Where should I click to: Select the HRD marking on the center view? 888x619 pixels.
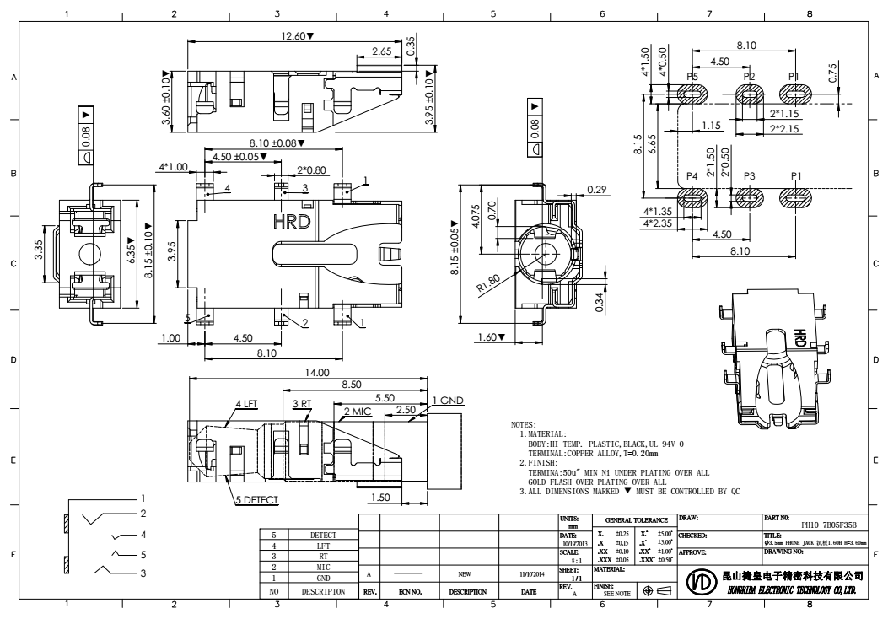(291, 222)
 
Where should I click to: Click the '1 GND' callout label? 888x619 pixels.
(448, 400)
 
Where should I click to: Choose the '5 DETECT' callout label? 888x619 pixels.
(257, 500)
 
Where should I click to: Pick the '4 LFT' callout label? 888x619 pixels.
(246, 404)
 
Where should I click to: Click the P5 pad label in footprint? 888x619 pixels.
(693, 77)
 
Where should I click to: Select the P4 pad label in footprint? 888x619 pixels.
(692, 176)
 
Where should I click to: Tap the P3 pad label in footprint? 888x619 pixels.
(750, 176)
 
